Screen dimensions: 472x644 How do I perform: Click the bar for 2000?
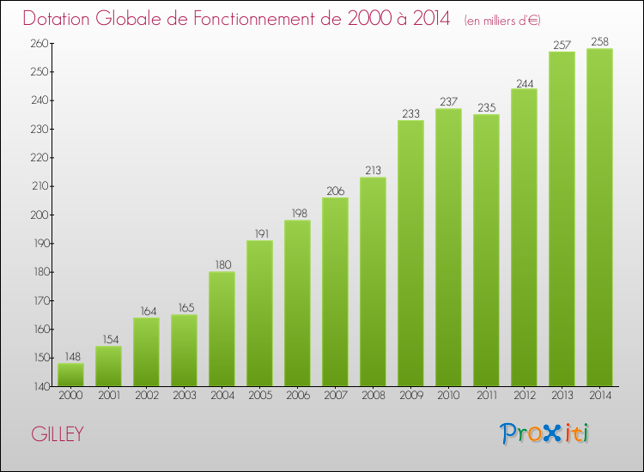(x=70, y=375)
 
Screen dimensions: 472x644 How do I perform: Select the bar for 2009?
(x=410, y=253)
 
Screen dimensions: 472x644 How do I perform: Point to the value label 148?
(x=70, y=356)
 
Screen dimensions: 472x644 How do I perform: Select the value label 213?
(x=373, y=170)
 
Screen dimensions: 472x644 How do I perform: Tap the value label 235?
(x=486, y=107)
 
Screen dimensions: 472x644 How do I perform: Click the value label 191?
(x=259, y=233)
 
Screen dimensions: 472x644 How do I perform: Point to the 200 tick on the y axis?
(x=39, y=215)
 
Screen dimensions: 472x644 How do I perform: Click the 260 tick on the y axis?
(x=39, y=43)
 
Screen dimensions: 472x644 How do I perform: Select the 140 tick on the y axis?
(x=39, y=386)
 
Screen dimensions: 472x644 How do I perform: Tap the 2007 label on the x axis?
(x=335, y=396)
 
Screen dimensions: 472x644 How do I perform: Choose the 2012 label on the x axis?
(x=524, y=396)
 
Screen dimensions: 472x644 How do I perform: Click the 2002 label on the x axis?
(x=146, y=396)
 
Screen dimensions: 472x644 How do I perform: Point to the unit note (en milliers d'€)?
(x=502, y=20)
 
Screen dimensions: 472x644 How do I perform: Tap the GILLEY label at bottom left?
(x=58, y=434)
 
